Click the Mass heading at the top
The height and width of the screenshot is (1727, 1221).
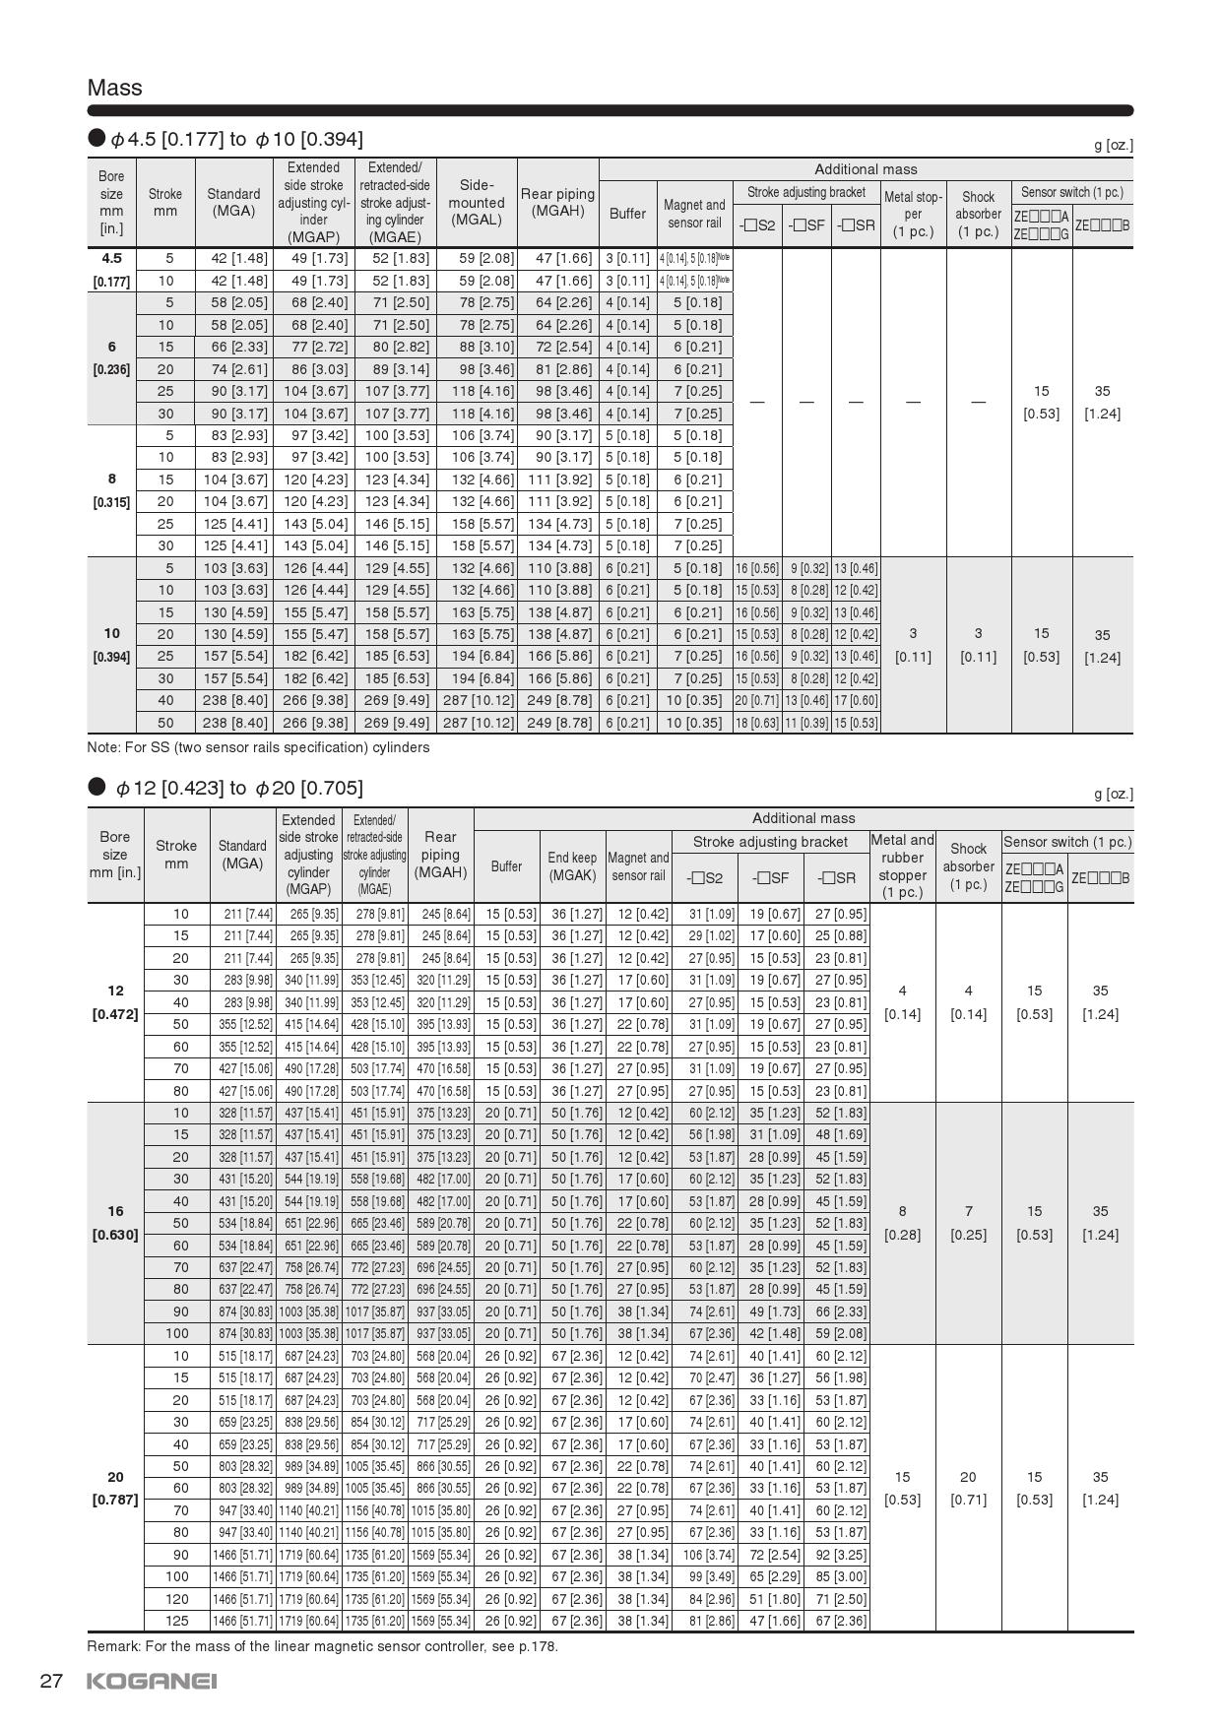pyautogui.click(x=115, y=88)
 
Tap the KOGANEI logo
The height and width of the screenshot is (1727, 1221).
pyautogui.click(x=152, y=1681)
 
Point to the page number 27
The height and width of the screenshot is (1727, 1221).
pyautogui.click(x=51, y=1681)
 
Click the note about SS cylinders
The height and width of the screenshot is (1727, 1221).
pyautogui.click(x=258, y=747)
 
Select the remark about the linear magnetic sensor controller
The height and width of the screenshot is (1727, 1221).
pyautogui.click(x=323, y=1646)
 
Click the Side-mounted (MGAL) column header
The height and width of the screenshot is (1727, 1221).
pyautogui.click(x=477, y=202)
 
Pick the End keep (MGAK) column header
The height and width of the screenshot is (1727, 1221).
pyautogui.click(x=572, y=866)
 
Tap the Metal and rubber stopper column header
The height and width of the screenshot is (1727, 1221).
pyautogui.click(x=902, y=865)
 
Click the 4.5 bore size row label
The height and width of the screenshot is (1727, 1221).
pyautogui.click(x=111, y=258)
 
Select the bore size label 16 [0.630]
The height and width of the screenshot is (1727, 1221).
pyautogui.click(x=115, y=1223)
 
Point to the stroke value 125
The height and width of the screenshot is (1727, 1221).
pyautogui.click(x=177, y=1621)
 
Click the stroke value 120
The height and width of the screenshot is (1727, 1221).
pyautogui.click(x=177, y=1599)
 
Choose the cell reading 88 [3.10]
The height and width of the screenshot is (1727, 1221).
pyautogui.click(x=477, y=347)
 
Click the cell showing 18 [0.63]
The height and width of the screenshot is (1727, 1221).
pyautogui.click(x=757, y=723)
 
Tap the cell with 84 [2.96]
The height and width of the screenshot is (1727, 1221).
pyautogui.click(x=705, y=1599)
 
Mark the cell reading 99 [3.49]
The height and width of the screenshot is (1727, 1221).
pyautogui.click(x=705, y=1576)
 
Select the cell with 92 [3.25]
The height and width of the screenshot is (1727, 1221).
pyautogui.click(x=837, y=1555)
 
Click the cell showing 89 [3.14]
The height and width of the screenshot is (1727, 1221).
pyautogui.click(x=395, y=369)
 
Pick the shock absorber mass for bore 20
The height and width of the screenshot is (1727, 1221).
pyautogui.click(x=968, y=1489)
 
